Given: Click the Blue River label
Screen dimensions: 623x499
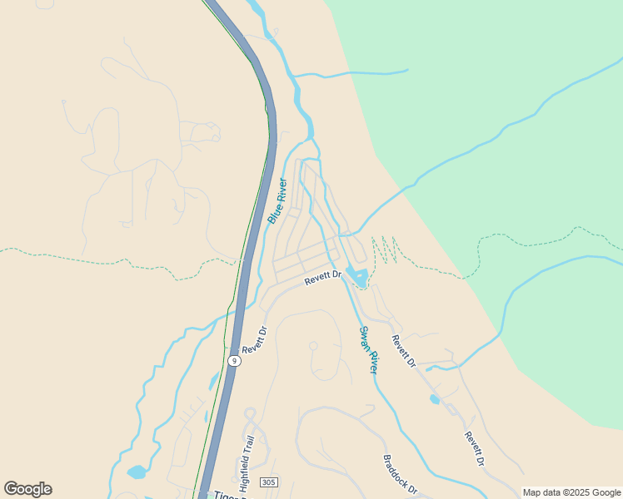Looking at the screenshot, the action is [278, 201].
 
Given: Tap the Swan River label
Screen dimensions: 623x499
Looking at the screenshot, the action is [369, 350].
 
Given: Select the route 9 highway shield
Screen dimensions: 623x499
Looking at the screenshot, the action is [235, 361].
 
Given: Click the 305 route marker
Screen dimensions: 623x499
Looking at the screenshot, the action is [268, 482].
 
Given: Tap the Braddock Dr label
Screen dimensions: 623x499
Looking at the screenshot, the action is [400, 475].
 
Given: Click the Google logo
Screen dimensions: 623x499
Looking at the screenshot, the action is [27, 489].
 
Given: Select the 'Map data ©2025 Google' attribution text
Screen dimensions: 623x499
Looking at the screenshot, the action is [571, 492].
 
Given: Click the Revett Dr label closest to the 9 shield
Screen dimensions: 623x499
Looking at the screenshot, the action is [254, 341].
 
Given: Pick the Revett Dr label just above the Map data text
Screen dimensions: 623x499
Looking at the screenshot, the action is [475, 449].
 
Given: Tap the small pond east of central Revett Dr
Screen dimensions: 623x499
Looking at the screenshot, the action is [357, 276].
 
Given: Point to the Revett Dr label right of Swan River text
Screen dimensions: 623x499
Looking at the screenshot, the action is [403, 351].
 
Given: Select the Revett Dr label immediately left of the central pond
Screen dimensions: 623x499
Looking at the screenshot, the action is [323, 278].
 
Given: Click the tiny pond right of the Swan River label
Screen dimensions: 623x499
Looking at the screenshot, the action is [435, 399].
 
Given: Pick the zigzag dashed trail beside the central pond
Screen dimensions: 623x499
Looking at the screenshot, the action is [384, 249].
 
